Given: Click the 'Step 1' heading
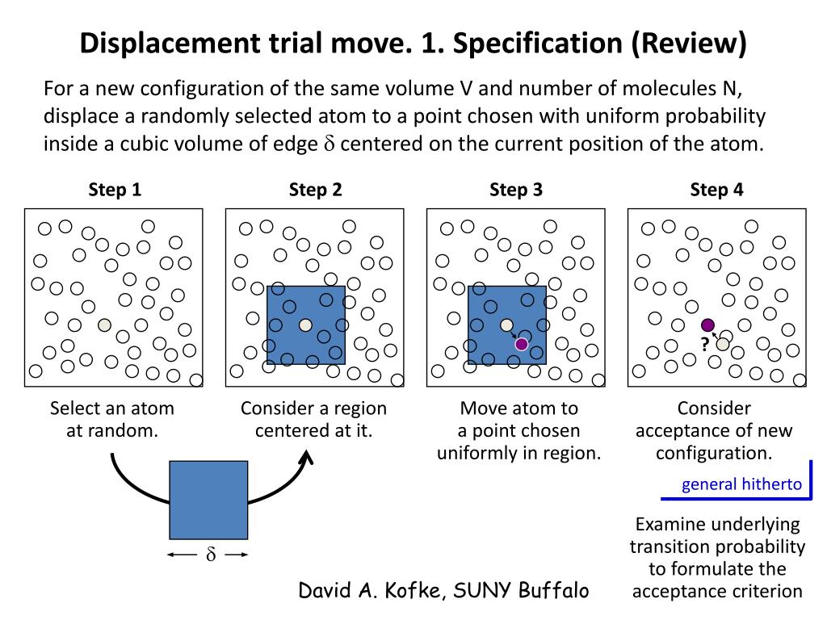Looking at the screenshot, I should [x=114, y=191].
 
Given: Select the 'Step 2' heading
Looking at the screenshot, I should [x=315, y=191].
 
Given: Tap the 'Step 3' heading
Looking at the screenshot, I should [x=515, y=191].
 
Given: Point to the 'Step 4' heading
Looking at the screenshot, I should [x=716, y=191].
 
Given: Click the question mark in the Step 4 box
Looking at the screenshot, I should [x=704, y=345].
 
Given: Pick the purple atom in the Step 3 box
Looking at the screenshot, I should [x=522, y=344].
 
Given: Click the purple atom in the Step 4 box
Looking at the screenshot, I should [x=708, y=325].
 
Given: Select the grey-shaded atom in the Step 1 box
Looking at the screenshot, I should [x=104, y=325].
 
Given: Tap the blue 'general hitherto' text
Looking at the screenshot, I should [x=741, y=484].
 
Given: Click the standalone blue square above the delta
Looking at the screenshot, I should [x=208, y=500].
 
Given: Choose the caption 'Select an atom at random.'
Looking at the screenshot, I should [x=112, y=419].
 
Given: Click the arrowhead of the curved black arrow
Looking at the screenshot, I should [x=306, y=457].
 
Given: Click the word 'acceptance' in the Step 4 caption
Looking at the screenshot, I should [x=681, y=430].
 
